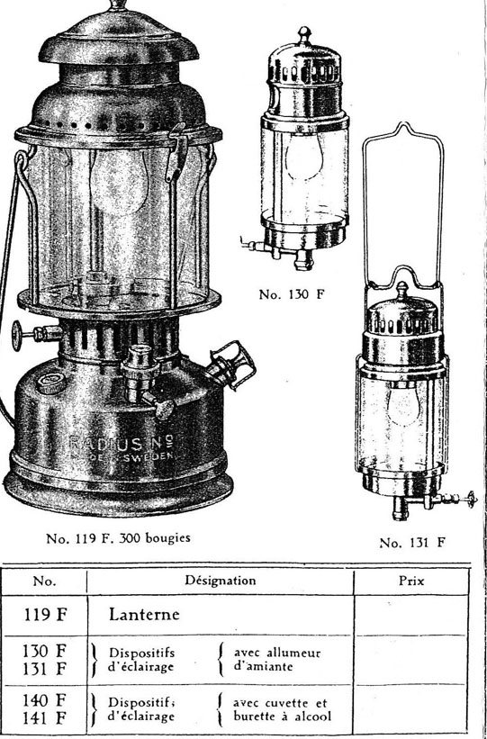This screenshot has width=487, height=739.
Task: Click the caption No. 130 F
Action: [x=292, y=294]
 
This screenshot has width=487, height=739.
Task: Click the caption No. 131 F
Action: [x=412, y=543]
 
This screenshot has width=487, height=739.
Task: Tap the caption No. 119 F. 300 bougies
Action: [x=118, y=537]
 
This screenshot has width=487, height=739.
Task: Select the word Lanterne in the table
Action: [x=144, y=615]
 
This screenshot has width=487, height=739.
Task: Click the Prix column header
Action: [x=411, y=581]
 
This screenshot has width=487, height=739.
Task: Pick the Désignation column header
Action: [x=221, y=581]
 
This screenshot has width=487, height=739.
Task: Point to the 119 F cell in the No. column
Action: [x=45, y=615]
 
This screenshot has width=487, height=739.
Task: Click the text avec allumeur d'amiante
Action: [x=277, y=660]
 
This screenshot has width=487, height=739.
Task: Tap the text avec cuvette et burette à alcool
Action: [x=283, y=710]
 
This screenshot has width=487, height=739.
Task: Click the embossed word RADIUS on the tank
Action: [x=105, y=443]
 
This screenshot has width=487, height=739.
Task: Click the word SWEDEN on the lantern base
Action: [x=152, y=455]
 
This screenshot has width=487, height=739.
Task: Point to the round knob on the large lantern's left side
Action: [x=17, y=335]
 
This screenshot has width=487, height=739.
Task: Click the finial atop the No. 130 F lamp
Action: [x=304, y=35]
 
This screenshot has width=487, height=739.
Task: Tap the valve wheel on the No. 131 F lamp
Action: [x=470, y=498]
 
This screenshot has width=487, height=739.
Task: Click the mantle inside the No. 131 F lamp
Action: [x=402, y=404]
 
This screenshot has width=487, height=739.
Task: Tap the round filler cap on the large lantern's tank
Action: [x=51, y=383]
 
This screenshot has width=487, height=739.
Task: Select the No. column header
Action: [x=44, y=581]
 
